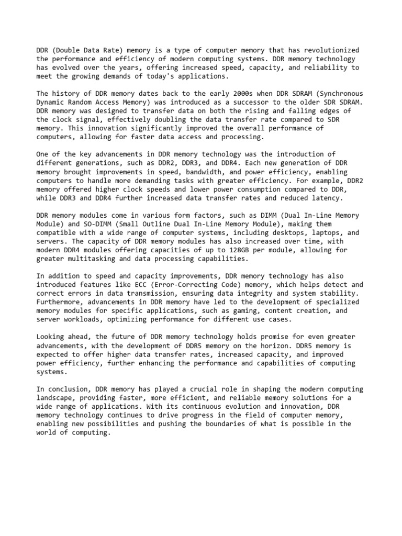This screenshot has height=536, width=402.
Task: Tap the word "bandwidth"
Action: coord(202,172)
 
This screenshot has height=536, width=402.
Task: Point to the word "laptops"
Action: coord(317,232)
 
